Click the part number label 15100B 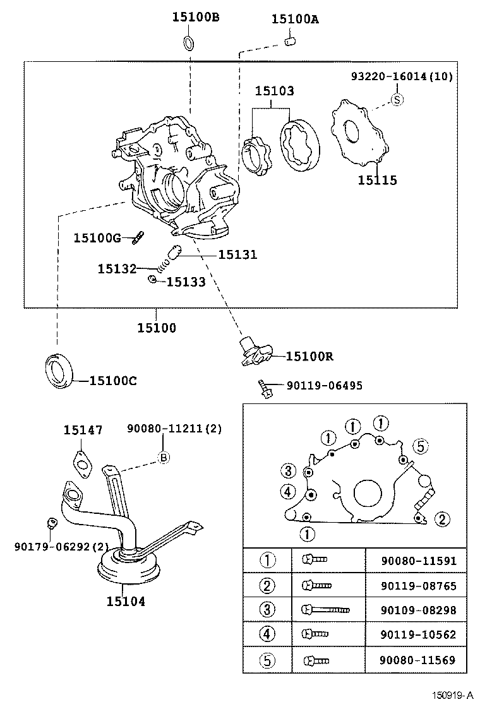[x=196, y=17]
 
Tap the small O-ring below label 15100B [x=189, y=43]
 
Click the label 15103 [x=274, y=91]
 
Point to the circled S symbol [x=397, y=99]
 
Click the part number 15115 [x=378, y=181]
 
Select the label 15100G [x=97, y=237]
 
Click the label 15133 [x=186, y=282]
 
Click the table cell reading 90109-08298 [x=418, y=610]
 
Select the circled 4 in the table [x=268, y=634]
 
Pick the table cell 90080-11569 [x=418, y=660]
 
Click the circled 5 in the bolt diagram [x=420, y=446]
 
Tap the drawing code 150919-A [x=452, y=696]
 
